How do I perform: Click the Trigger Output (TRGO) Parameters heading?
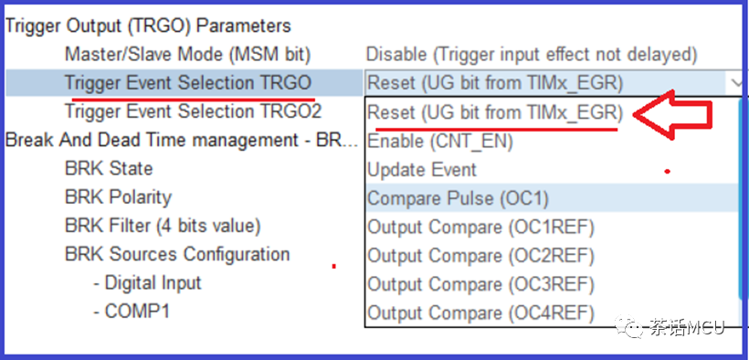click(148, 26)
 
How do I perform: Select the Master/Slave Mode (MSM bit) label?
click(188, 55)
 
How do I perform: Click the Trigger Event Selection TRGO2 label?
click(194, 111)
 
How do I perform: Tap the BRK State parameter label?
click(109, 168)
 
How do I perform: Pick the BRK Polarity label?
click(118, 197)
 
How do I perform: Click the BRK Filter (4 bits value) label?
click(163, 226)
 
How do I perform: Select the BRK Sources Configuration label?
click(177, 254)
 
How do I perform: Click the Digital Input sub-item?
click(147, 282)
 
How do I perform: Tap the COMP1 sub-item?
click(132, 312)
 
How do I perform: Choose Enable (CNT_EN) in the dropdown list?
click(440, 142)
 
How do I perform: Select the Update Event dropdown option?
click(422, 170)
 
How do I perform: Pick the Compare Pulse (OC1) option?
click(458, 198)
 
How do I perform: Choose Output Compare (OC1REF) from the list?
click(480, 228)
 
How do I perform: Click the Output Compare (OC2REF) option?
click(480, 256)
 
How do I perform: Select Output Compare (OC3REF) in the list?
click(480, 284)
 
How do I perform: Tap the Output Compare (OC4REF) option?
click(480, 313)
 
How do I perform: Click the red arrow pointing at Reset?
click(673, 115)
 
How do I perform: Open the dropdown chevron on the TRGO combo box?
click(736, 84)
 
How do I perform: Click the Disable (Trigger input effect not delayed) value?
click(532, 55)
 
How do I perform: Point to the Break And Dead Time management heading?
click(182, 140)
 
